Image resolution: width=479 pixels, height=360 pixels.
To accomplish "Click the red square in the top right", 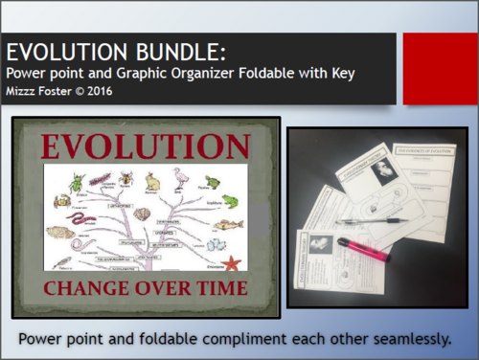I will pyautogui.click(x=440, y=68).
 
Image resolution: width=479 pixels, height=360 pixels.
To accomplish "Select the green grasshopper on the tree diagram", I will pyautogui.click(x=101, y=180).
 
